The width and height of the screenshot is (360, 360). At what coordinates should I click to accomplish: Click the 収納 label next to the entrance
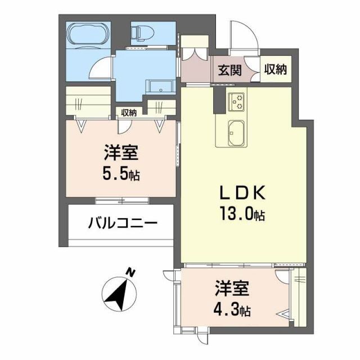pyautogui.click(x=276, y=70)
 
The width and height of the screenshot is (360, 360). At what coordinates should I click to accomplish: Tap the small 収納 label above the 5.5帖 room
pyautogui.click(x=129, y=112)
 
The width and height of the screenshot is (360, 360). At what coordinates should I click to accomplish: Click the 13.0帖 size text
pyautogui.click(x=242, y=214)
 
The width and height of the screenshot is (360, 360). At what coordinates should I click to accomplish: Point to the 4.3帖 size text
pyautogui.click(x=232, y=309)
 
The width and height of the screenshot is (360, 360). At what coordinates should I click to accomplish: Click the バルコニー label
pyautogui.click(x=121, y=223)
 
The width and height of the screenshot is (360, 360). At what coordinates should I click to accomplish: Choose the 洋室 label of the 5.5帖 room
pyautogui.click(x=120, y=153)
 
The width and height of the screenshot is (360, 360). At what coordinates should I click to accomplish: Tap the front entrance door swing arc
pyautogui.click(x=243, y=37)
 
